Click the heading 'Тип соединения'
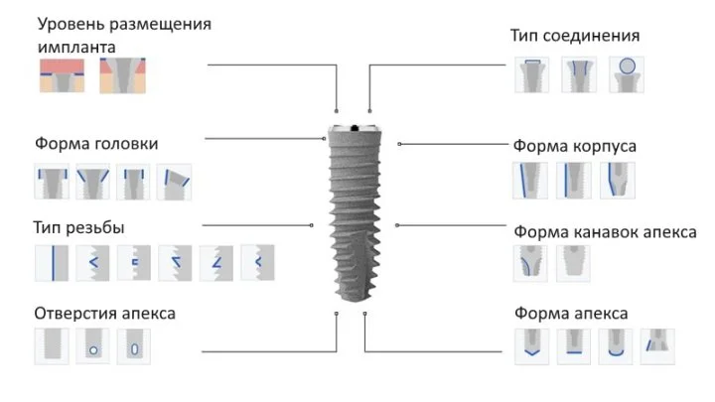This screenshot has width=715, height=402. point(574,36)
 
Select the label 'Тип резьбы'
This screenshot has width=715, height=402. point(78,227)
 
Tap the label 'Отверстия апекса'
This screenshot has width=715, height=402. point(104,313)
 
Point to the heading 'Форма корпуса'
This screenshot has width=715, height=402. point(574,146)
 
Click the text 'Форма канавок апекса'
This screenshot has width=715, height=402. point(605,231)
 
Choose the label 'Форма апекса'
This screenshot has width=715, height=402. point(571,314)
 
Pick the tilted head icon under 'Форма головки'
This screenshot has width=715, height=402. point(173,182)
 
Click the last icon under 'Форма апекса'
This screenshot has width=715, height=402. point(657,346)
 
